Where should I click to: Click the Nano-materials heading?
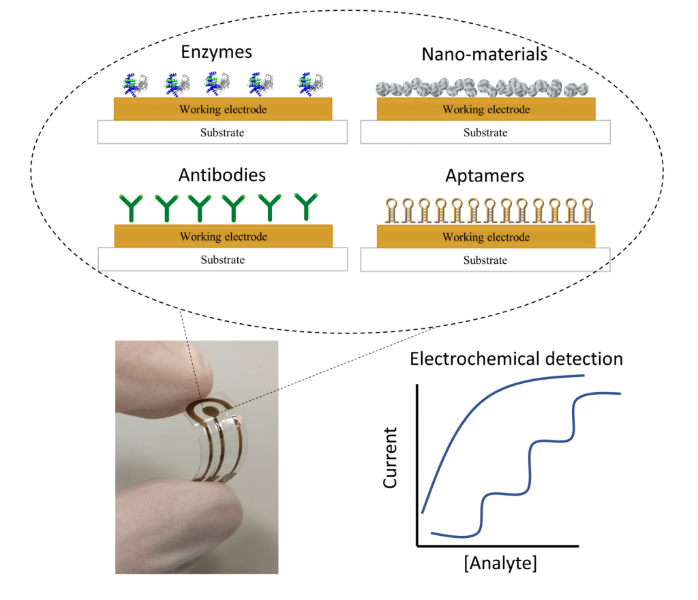[485, 54]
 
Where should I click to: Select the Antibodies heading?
[222, 175]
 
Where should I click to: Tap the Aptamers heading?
[485, 176]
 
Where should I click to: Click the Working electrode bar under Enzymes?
[223, 109]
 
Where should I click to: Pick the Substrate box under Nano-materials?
[485, 133]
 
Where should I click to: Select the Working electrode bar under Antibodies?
[223, 237]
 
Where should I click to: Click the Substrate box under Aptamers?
[485, 260]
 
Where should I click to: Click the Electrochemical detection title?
[516, 359]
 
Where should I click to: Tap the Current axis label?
[391, 458]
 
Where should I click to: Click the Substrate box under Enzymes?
[223, 133]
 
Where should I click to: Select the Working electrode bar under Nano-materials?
[485, 109]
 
